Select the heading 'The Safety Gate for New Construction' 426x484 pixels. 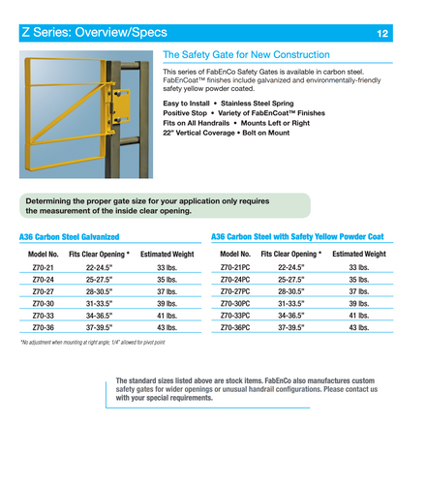point(246,55)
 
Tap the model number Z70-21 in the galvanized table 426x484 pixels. point(43,266)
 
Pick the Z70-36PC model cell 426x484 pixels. point(235,328)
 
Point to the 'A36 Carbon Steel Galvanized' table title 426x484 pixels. point(70,236)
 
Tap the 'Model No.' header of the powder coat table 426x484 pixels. point(234,254)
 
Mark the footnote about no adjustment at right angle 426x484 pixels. point(92,343)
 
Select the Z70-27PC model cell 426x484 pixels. point(235,290)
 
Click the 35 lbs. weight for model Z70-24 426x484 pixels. point(167,279)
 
